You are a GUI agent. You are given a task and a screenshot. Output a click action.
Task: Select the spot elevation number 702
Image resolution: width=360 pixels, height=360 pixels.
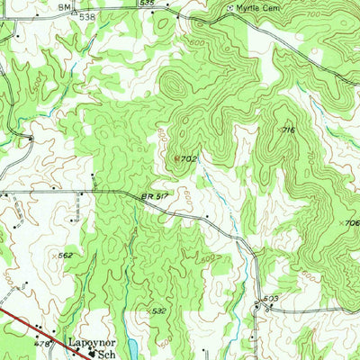click(x=187, y=158)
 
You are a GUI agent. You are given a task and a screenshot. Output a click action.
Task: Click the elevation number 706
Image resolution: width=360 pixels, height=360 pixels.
click(x=352, y=222)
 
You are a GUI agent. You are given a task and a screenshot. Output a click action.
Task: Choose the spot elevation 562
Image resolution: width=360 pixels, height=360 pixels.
click(x=65, y=256)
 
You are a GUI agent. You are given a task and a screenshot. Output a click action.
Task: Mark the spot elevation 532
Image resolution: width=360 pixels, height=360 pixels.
click(x=158, y=310)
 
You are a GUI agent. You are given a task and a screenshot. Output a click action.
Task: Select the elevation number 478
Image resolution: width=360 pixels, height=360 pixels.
click(x=41, y=342)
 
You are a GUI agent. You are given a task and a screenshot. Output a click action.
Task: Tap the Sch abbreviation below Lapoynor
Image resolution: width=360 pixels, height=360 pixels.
click(x=112, y=355)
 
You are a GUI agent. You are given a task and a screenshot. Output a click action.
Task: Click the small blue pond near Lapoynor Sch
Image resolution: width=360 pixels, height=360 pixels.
click(x=133, y=346)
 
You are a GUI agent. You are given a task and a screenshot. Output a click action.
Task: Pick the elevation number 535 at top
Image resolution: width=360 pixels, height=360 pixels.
click(x=147, y=4)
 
